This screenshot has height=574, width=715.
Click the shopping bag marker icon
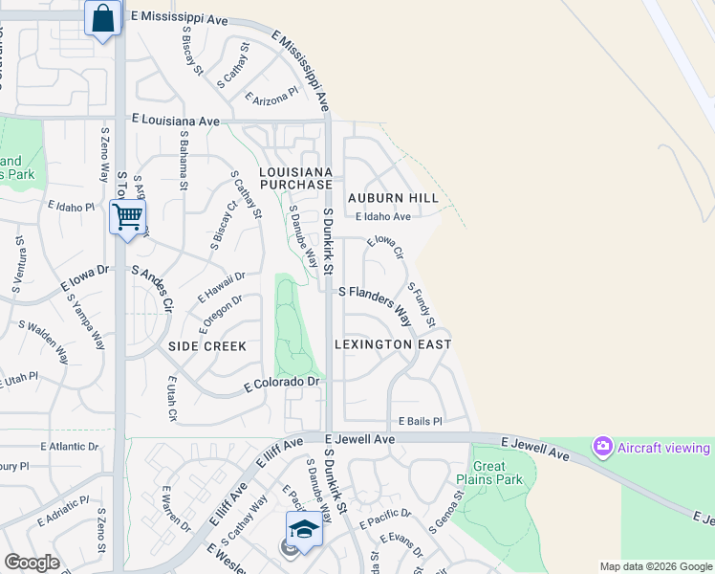[103, 18]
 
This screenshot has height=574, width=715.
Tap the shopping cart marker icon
[127, 215]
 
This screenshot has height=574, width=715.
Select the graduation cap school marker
[304, 528]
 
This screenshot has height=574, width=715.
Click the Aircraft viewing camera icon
[602, 446]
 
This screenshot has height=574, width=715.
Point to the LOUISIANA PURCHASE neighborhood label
[296, 177]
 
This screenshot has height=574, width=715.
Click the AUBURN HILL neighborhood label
[393, 198]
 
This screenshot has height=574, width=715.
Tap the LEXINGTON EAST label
[393, 343]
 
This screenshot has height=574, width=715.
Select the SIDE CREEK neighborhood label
[207, 346]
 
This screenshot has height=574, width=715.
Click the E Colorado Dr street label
[281, 384]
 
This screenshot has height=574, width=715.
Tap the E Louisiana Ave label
[176, 121]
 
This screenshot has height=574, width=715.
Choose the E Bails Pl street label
[421, 422]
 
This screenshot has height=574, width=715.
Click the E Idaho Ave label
[382, 217]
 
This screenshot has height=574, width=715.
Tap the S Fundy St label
[422, 303]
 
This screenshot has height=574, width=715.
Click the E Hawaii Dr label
[222, 287]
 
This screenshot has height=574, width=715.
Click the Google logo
[32, 563]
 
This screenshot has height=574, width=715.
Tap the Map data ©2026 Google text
[655, 566]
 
